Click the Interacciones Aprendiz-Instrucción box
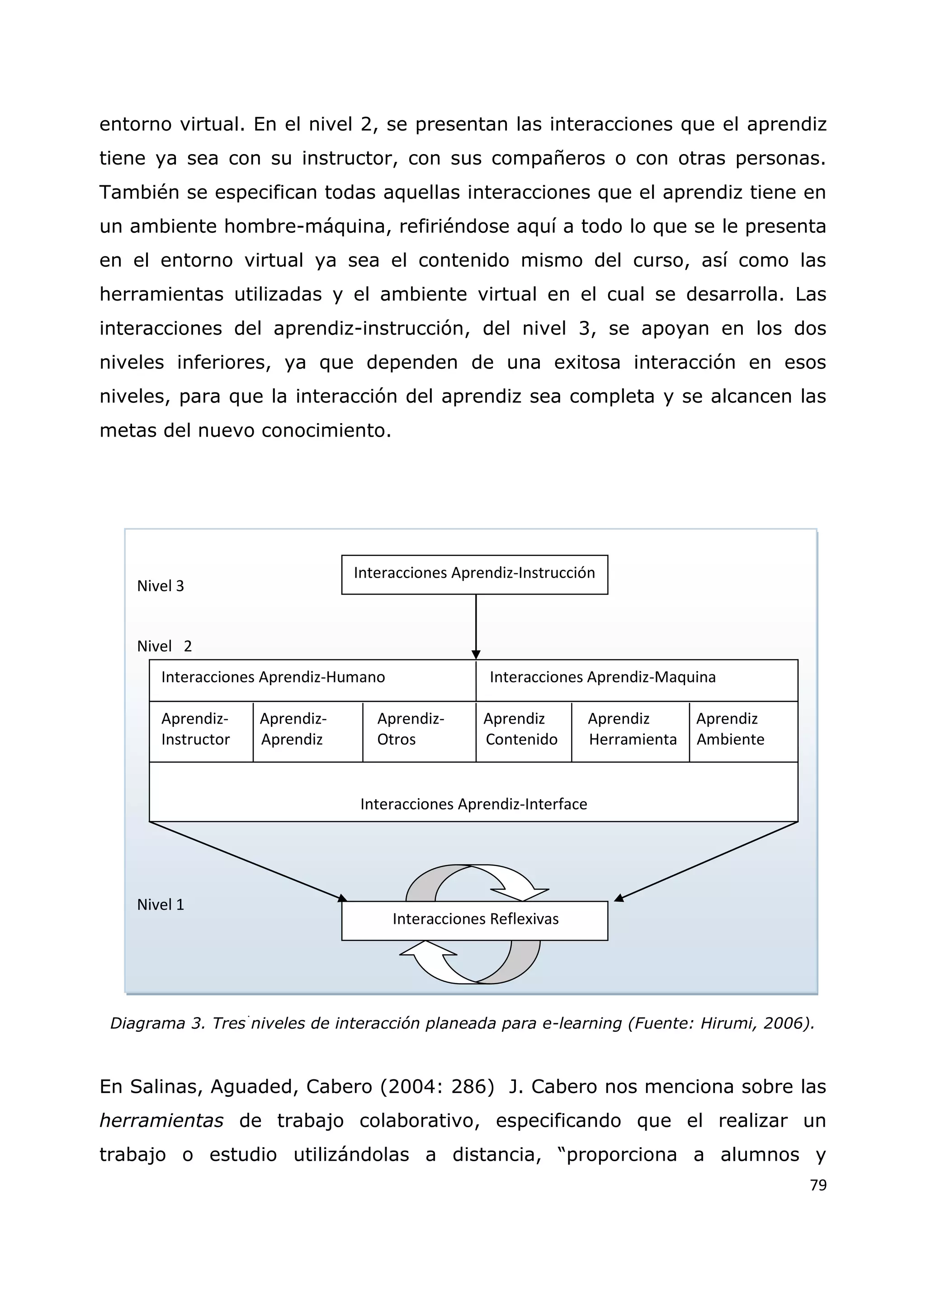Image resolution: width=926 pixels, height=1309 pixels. tap(474, 574)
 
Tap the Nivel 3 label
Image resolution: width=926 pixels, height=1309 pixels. tap(160, 586)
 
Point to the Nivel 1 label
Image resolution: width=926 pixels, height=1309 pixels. tap(160, 905)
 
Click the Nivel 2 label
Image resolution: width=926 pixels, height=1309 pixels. tap(164, 646)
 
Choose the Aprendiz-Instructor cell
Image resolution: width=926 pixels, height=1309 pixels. tap(196, 729)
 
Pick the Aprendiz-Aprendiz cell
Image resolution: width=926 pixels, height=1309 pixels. tap(293, 729)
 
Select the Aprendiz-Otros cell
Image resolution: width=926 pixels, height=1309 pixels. tap(411, 729)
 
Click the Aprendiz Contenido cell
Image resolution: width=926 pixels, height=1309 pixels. tap(520, 729)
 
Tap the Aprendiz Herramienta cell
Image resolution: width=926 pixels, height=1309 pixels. tap(632, 729)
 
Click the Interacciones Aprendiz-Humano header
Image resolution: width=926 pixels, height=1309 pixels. tap(273, 677)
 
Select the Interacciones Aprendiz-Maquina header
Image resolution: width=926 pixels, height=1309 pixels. tap(602, 677)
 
